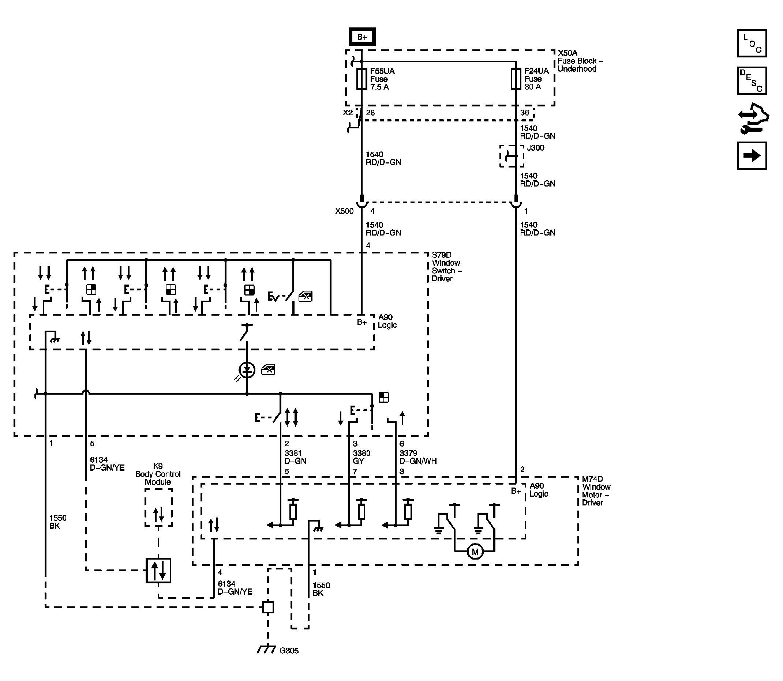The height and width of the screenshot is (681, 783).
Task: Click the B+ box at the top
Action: coord(362,37)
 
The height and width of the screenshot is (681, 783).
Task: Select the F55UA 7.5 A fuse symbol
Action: coord(361,79)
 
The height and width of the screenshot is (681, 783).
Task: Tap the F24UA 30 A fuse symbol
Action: coord(516,79)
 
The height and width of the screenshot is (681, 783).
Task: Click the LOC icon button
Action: coord(752,43)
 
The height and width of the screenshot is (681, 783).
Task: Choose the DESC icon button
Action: coord(752,80)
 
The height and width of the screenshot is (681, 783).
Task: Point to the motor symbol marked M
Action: coord(475,552)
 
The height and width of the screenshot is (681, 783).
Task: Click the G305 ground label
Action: coord(289,651)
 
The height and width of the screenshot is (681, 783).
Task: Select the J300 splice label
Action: coord(536,148)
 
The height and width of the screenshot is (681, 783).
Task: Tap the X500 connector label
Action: coord(344,211)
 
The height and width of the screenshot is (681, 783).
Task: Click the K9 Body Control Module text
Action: coord(158,474)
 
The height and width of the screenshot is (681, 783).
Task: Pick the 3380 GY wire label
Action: coord(361,457)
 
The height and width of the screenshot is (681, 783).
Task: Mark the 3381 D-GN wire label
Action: coord(295,457)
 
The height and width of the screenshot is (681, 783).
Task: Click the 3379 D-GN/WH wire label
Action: coord(418,457)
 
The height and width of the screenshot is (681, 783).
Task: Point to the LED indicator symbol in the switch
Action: coord(247,370)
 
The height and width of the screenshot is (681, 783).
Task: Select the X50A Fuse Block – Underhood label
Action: coord(580,61)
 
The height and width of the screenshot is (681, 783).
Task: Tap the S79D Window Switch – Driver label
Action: coord(446,267)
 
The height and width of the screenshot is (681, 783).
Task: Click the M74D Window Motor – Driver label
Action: coord(596,491)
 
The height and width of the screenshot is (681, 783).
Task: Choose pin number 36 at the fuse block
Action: coord(525,113)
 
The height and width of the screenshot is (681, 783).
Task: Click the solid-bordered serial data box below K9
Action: coord(158,571)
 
